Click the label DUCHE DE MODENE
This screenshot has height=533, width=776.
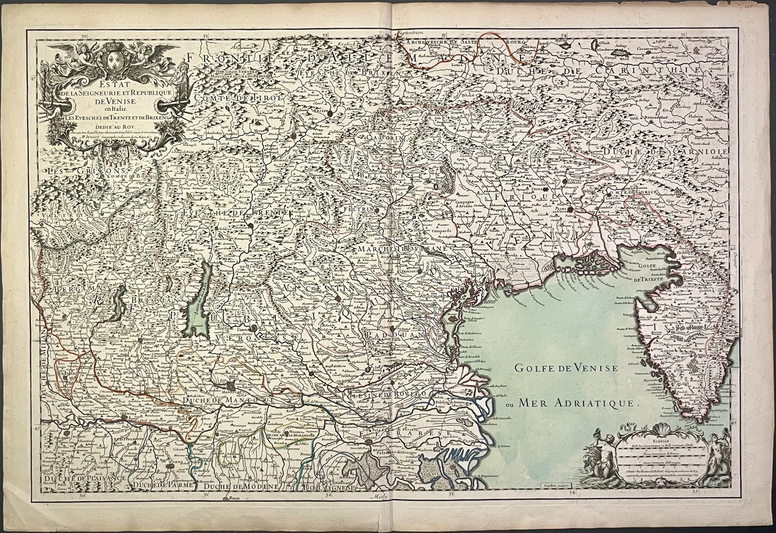tap(241, 486)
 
